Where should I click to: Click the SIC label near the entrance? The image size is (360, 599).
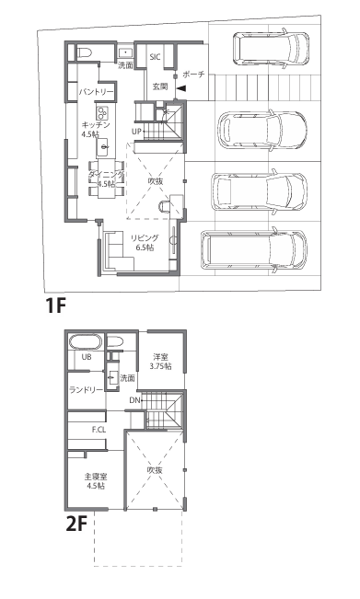click(156, 57)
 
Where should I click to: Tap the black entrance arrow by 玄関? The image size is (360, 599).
click(180, 88)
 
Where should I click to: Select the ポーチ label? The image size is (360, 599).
click(193, 75)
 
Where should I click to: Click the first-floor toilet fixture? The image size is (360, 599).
click(84, 52)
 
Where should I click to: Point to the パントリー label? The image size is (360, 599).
click(97, 92)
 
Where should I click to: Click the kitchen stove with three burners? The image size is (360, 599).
click(102, 112)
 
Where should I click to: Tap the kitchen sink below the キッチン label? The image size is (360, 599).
click(103, 146)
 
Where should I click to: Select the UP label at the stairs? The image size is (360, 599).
click(136, 132)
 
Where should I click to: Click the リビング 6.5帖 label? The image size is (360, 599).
click(145, 243)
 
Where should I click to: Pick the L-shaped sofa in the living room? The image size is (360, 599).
click(118, 251)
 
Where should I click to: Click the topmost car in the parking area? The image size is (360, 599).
click(271, 48)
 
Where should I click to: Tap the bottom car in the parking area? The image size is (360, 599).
click(254, 250)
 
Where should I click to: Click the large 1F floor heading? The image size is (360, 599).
click(56, 305)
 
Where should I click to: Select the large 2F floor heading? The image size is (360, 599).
click(76, 524)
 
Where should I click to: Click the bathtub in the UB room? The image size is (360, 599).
click(86, 341)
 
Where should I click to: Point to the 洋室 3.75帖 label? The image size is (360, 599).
click(160, 362)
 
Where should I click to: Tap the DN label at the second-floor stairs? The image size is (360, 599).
click(134, 400)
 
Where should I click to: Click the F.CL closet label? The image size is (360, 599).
click(99, 430)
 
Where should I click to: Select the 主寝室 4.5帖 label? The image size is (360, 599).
click(96, 481)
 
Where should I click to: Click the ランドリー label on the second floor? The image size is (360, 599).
click(86, 390)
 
